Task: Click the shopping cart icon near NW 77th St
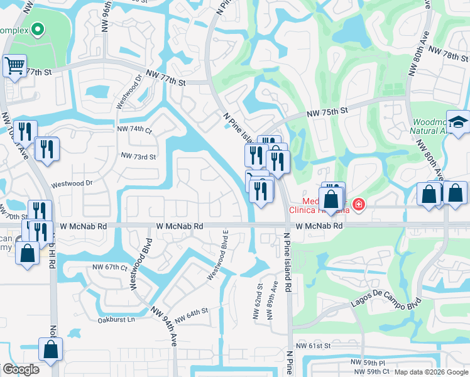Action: coord(14,65)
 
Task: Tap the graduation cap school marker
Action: coord(458,123)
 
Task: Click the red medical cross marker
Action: coord(359,205)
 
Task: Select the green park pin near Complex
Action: coord(38,29)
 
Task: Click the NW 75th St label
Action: coord(327,112)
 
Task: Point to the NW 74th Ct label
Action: coord(134,129)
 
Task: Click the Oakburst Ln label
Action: coord(116,319)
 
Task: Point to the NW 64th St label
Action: coord(191,314)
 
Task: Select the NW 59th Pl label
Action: coord(368,363)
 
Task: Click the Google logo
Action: coord(21,369)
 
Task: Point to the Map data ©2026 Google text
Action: coord(431,372)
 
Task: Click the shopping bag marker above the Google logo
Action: coord(50,349)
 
